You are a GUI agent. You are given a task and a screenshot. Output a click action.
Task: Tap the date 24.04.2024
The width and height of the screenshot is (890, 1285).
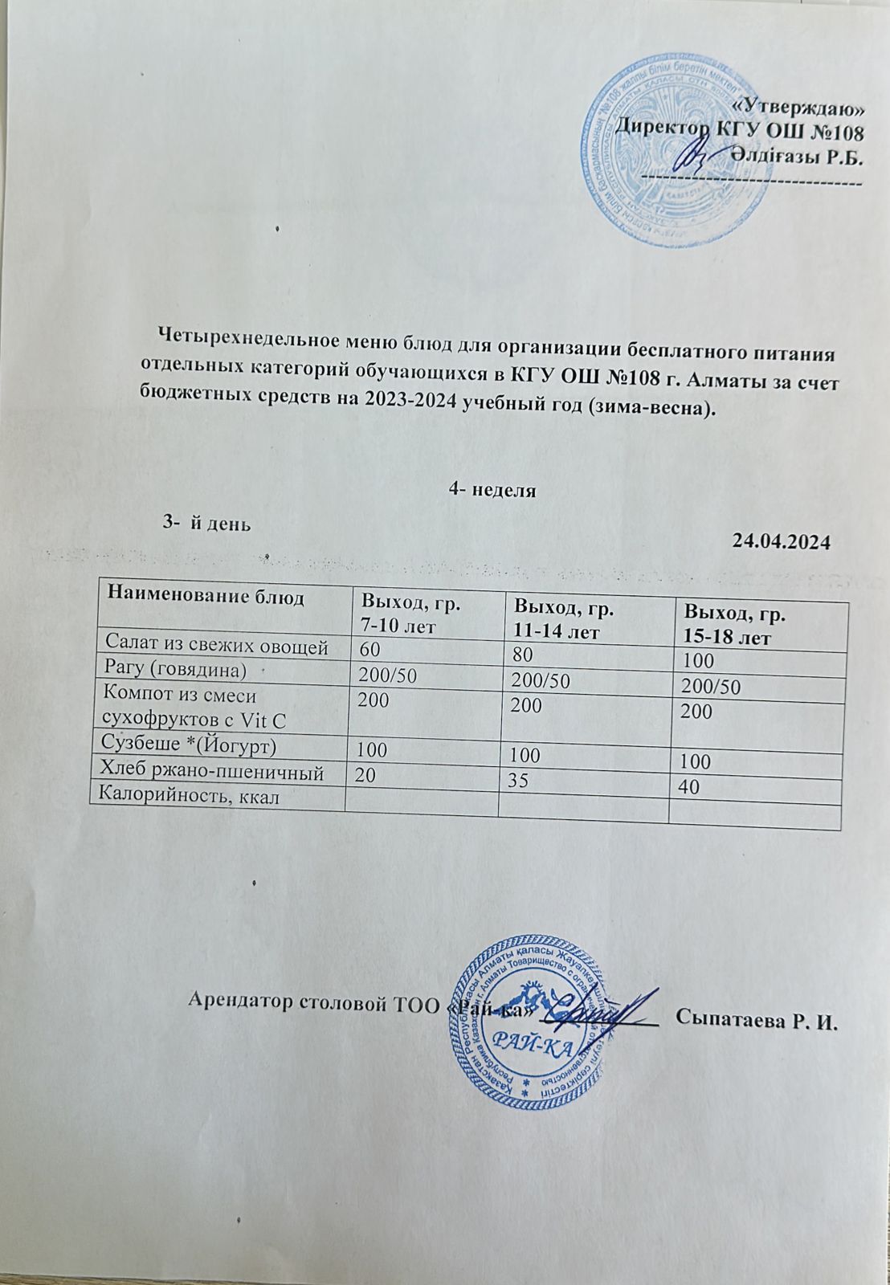pos(781,541)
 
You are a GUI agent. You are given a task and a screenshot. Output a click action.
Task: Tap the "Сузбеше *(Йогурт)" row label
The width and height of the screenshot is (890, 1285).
pos(186,746)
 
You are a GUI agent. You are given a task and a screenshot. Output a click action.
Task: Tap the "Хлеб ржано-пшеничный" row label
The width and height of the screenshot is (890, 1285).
pos(210,772)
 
